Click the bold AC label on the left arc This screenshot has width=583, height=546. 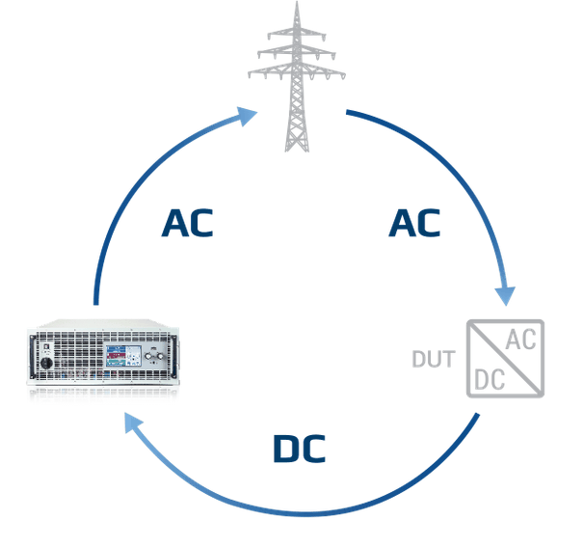[187, 223]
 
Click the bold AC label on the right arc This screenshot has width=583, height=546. [414, 223]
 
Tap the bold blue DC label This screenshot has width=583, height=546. [300, 449]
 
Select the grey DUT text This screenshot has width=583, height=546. [434, 359]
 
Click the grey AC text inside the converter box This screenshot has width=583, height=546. [520, 340]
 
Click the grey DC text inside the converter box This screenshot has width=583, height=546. [490, 380]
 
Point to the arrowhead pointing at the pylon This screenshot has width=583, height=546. [247, 116]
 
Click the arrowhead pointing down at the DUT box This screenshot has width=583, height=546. [505, 296]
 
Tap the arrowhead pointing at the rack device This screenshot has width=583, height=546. [133, 423]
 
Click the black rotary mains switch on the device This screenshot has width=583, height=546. [46, 363]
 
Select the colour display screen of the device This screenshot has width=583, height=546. [123, 356]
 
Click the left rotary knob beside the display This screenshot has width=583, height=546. [148, 357]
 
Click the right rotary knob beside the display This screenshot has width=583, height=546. [160, 357]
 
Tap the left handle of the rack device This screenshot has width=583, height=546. [33, 355]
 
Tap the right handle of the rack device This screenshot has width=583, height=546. [173, 355]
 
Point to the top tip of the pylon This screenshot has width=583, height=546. [297, 2]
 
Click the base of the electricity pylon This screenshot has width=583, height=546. [297, 149]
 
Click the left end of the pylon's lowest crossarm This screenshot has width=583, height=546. [249, 73]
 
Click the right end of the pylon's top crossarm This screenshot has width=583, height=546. [325, 36]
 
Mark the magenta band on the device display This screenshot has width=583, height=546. [116, 356]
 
